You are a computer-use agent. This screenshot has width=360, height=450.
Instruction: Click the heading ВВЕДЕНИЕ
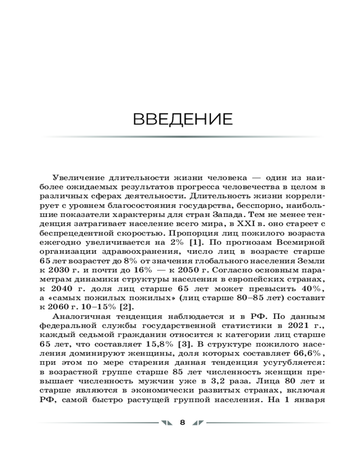183,120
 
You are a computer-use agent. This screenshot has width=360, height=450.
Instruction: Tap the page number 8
182,422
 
